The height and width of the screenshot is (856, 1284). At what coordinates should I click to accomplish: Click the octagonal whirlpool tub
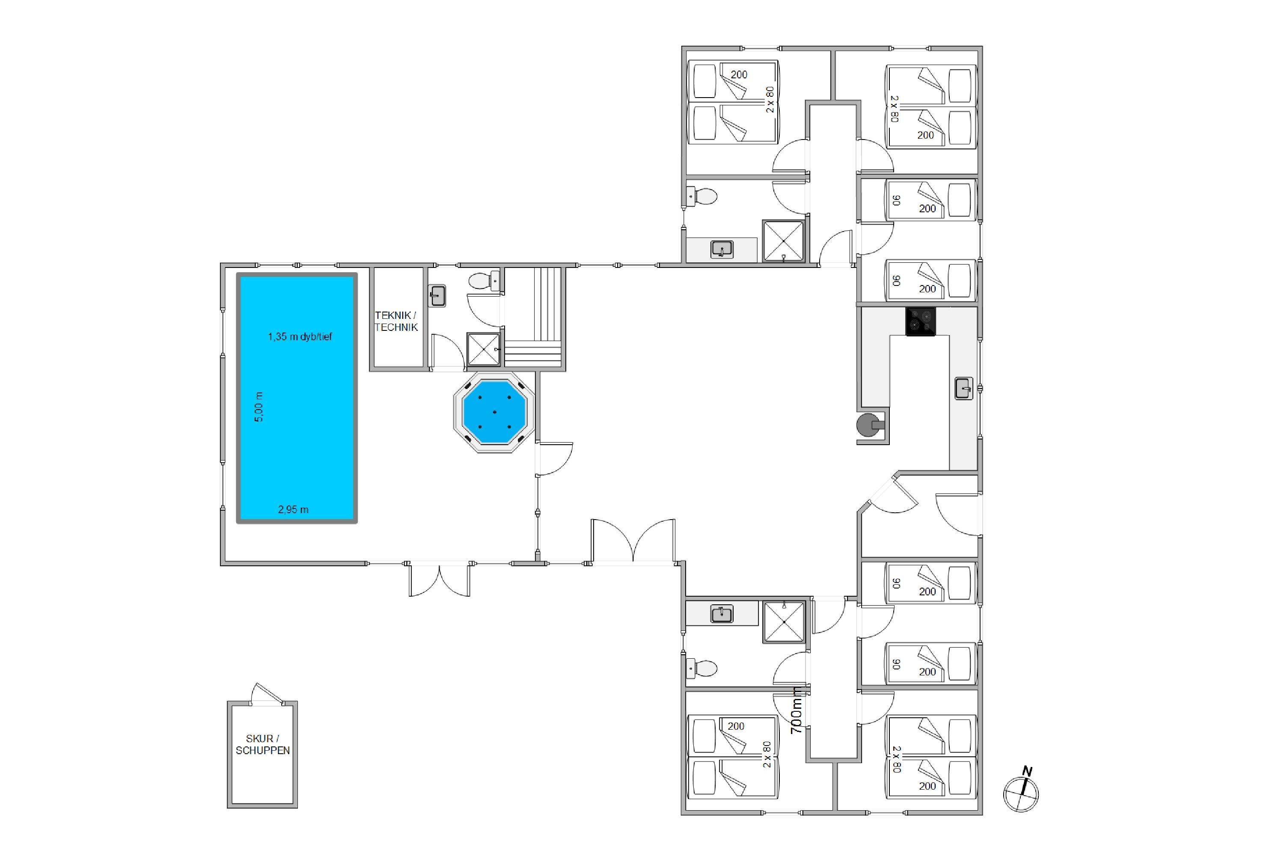coord(494,412)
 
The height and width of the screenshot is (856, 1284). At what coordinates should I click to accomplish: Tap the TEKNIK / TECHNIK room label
coord(396,321)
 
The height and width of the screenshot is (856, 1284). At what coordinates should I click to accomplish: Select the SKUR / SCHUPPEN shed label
coord(263,745)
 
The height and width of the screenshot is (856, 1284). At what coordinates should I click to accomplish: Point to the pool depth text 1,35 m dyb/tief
coord(300,337)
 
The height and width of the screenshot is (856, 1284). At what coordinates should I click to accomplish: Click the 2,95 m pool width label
coord(293,509)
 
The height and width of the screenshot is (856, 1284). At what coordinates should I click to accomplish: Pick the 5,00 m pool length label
coord(259,407)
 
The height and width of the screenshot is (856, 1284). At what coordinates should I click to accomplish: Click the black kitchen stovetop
coord(921,321)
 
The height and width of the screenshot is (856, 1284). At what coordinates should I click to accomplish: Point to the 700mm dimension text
coord(797,710)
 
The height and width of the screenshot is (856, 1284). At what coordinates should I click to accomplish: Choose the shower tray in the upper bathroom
coord(783,241)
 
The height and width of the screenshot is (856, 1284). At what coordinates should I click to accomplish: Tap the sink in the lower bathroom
coord(721,614)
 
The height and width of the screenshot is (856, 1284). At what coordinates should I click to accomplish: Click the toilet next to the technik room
coord(484,281)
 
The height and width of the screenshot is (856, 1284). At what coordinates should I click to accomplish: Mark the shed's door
coord(267,694)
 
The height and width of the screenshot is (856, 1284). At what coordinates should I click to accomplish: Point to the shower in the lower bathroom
coord(783,622)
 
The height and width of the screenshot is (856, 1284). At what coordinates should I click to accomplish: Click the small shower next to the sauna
coord(483,349)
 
